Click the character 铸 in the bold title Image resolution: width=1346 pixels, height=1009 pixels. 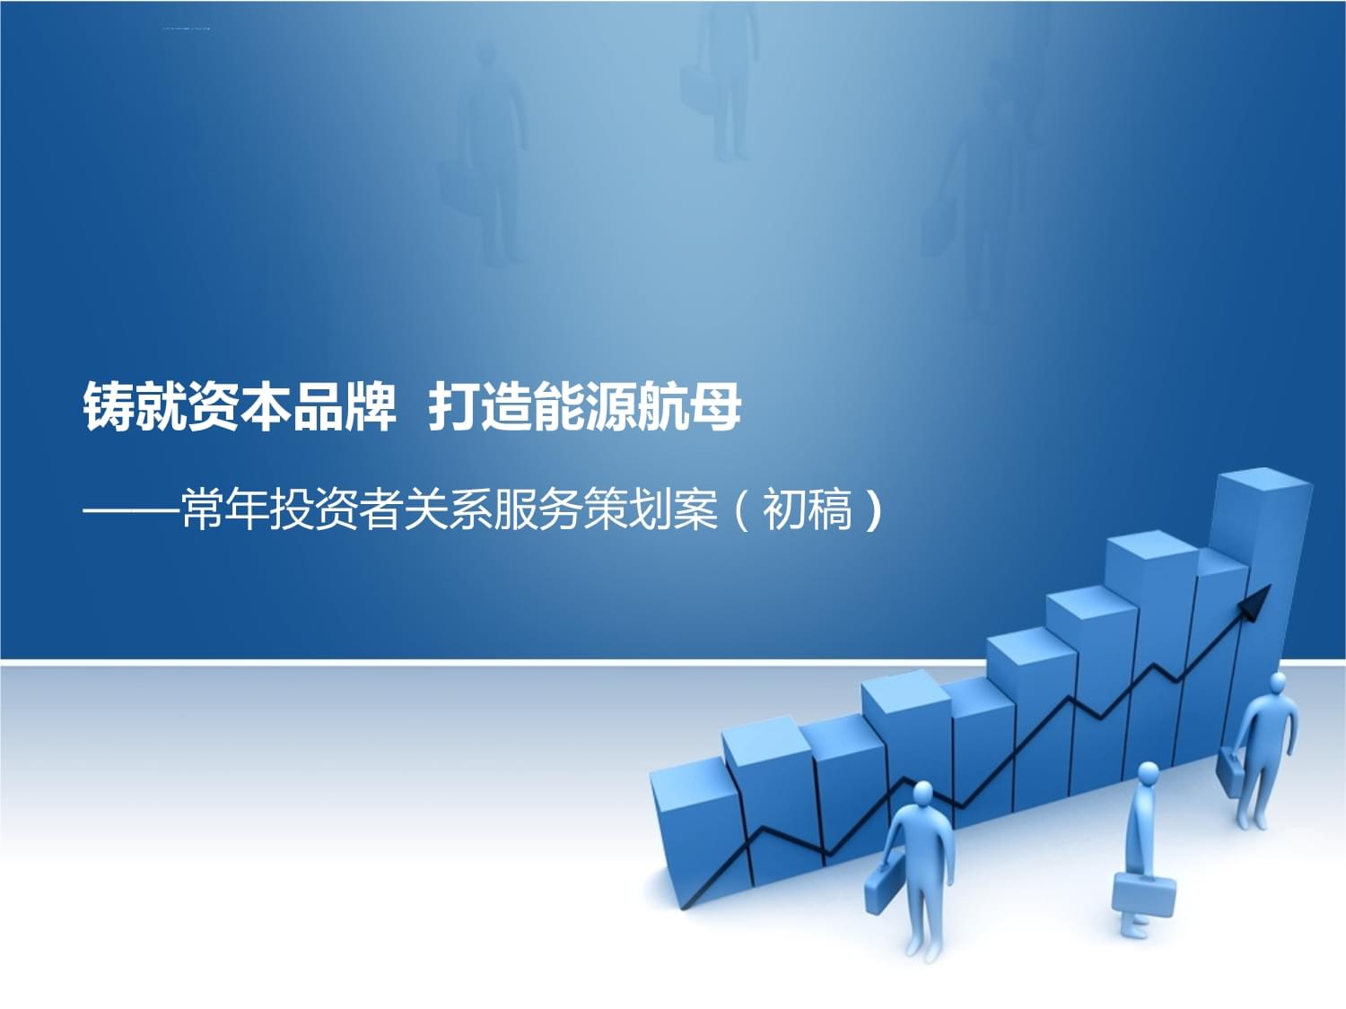coord(109,407)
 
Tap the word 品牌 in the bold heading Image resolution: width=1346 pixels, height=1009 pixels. coord(344,407)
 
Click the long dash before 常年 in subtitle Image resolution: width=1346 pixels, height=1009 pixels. coord(131,509)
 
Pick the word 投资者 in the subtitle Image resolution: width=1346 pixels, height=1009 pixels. coord(336,509)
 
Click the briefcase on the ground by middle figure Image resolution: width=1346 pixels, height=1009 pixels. coord(1144,893)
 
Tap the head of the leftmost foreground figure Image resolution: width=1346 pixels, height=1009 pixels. coord(922,793)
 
